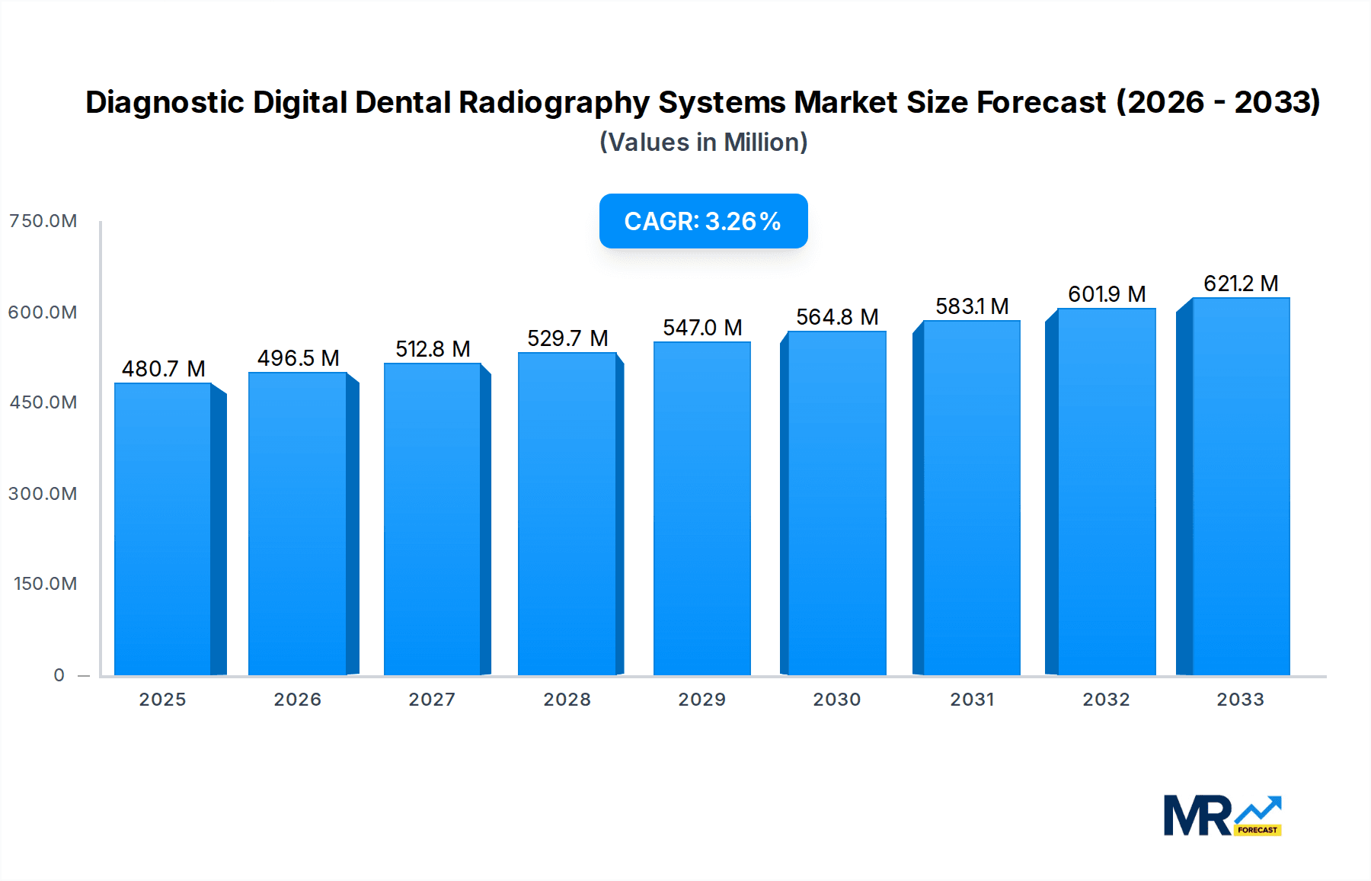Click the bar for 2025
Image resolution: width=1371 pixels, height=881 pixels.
[x=163, y=529]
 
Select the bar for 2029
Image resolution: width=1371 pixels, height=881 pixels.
[x=702, y=508]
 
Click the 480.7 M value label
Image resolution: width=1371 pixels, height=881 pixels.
[x=164, y=369]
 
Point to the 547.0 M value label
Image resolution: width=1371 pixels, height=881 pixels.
[x=702, y=328]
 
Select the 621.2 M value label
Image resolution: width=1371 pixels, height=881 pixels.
[x=1241, y=284]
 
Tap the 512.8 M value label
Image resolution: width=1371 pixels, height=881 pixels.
[x=433, y=349]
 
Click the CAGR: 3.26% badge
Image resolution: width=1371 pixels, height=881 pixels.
[x=703, y=221]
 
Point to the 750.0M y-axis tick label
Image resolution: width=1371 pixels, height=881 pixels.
[x=43, y=221]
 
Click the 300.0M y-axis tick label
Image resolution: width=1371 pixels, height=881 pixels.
[x=43, y=494]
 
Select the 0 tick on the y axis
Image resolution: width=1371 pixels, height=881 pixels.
[x=59, y=675]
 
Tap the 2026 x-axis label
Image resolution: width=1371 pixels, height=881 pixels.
[x=298, y=700]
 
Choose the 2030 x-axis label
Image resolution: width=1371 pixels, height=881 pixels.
[x=837, y=700]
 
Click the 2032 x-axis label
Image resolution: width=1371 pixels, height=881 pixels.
[x=1107, y=700]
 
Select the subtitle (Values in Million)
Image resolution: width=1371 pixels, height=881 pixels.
[x=703, y=143]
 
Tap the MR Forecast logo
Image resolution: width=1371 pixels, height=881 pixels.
[x=1222, y=815]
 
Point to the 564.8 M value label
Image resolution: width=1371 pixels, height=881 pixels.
[x=837, y=317]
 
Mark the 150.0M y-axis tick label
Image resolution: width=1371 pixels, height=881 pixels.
[x=45, y=584]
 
